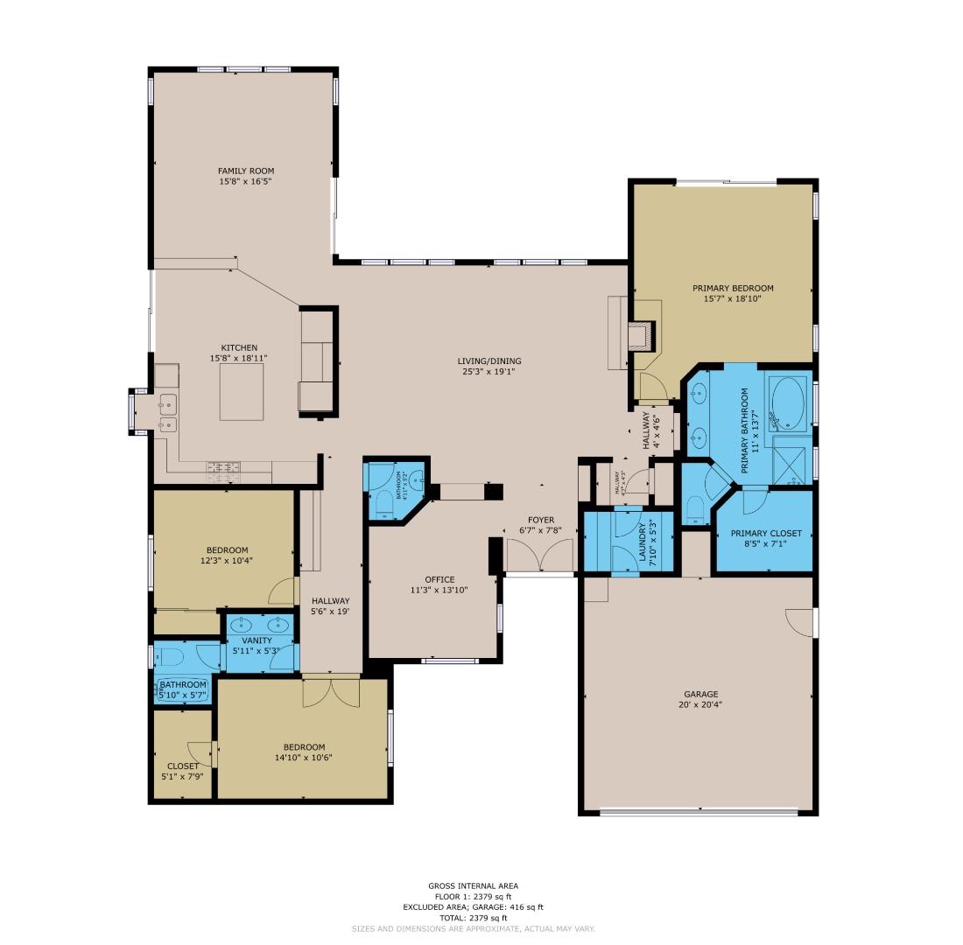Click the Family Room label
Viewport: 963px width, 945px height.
[x=247, y=171]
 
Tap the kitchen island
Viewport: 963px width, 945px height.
[x=241, y=392]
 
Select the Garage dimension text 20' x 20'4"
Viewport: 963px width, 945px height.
[x=700, y=705]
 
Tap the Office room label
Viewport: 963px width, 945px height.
[x=439, y=579]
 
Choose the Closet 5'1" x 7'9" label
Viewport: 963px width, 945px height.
[x=183, y=766]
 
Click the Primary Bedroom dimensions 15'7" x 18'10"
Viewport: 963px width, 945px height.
[x=733, y=298]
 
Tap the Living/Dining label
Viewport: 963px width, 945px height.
[x=489, y=360]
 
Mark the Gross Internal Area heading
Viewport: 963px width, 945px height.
[x=473, y=885]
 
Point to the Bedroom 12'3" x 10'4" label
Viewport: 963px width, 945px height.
[x=227, y=550]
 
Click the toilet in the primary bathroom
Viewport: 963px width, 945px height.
[x=694, y=507]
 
